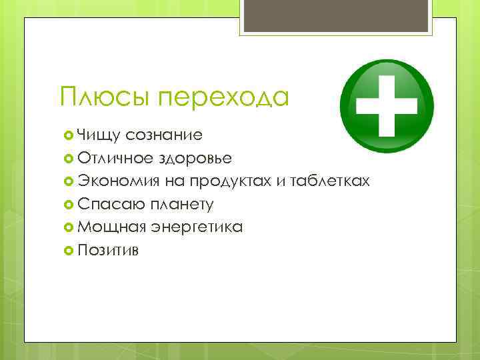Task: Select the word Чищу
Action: click(97, 135)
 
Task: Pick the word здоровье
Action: click(195, 158)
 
